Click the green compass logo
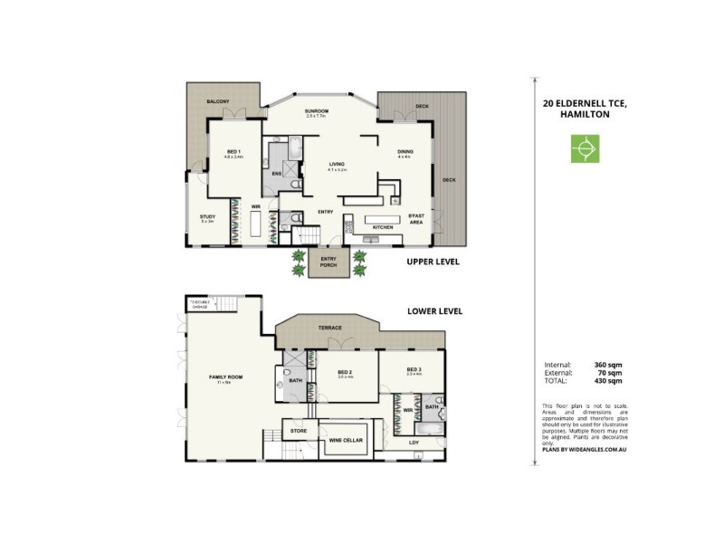point(586,148)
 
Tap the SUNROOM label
point(316,112)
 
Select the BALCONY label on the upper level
point(217,101)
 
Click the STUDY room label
point(207,217)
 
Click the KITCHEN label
point(383,226)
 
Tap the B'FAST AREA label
point(416,219)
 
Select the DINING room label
point(405,152)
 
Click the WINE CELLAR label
point(341,440)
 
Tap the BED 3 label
point(414,369)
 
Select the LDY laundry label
point(414,442)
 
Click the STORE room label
point(299,432)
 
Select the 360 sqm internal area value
point(608,365)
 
